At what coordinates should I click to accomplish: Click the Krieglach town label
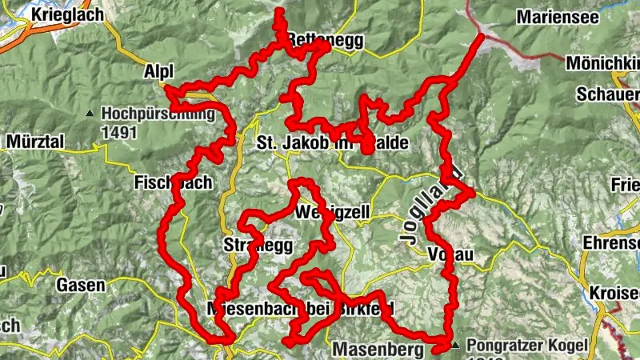pyautogui.click(x=64, y=14)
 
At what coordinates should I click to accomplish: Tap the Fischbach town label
pyautogui.click(x=173, y=182)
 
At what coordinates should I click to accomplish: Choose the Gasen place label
pyautogui.click(x=81, y=284)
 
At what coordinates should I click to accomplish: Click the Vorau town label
pyautogui.click(x=451, y=254)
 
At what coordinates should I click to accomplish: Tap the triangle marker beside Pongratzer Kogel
pyautogui.click(x=456, y=346)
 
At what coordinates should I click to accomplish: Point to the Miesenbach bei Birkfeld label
pyautogui.click(x=300, y=308)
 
